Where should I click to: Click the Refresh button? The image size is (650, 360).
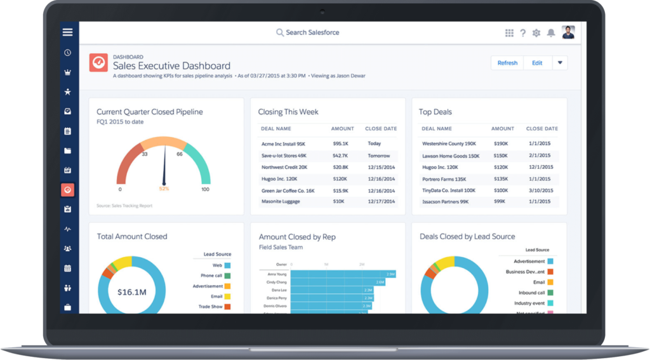tap(507, 63)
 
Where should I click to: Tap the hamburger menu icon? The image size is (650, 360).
tap(67, 32)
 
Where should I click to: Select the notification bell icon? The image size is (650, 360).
tap(550, 33)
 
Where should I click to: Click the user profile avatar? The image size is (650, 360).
tap(568, 32)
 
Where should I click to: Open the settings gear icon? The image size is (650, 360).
tap(536, 33)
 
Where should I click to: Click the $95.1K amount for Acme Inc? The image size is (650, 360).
tap(340, 143)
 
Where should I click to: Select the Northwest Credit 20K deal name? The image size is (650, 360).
tap(284, 167)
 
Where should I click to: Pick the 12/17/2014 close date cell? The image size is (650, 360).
tap(381, 202)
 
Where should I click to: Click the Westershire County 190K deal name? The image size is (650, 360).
tap(449, 143)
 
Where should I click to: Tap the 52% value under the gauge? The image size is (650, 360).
tap(164, 189)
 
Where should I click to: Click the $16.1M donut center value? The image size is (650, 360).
tap(133, 293)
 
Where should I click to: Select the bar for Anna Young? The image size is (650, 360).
tap(343, 274)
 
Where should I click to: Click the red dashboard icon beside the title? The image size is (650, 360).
tap(98, 63)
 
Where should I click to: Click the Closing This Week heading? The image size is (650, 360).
tap(288, 112)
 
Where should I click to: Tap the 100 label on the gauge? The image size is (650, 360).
tap(205, 189)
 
